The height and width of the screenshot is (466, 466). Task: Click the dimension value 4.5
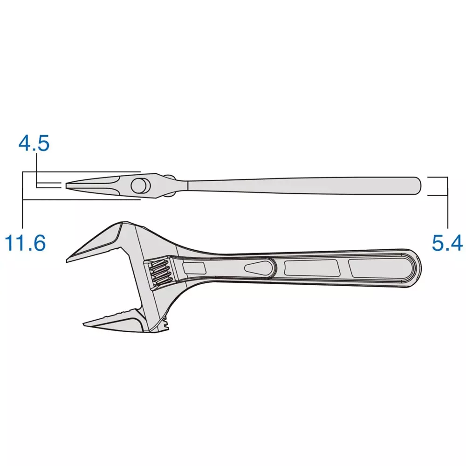coord(34,144)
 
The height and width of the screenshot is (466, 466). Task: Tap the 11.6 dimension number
coord(25,243)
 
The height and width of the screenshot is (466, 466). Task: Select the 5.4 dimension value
coord(447,243)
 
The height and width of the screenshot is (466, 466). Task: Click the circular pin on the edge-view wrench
coord(139,185)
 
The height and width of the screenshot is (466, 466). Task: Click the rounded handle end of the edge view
coord(418,185)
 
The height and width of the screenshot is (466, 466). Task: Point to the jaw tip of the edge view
coord(68,185)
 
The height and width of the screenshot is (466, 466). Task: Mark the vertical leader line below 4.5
coord(37,170)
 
